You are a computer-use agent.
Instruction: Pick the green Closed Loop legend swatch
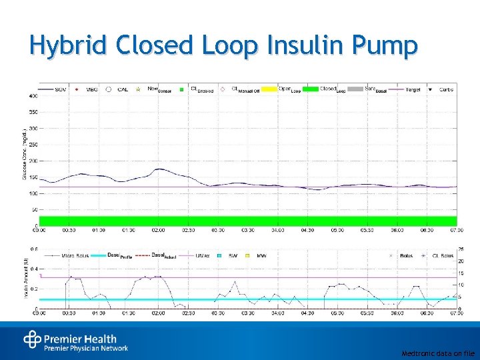pos(310,89)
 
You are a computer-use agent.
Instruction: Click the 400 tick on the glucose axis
pos(33,95)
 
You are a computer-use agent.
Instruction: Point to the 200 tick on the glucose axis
pos(33,161)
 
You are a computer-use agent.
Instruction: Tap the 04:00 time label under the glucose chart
pos(277,230)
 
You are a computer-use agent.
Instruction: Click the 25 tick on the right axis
pos(460,249)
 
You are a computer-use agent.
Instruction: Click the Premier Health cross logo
pos(32,340)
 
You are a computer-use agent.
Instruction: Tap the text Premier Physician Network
pos(86,348)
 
